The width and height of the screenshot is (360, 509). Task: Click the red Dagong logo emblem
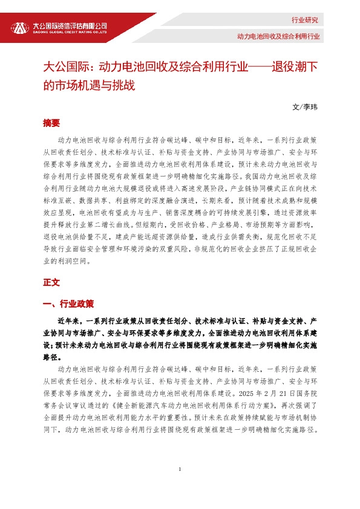pos(20,28)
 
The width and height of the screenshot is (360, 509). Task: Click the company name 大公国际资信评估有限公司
pos(70,25)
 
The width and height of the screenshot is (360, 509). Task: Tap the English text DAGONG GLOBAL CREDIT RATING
pos(70,33)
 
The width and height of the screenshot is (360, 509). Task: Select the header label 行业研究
pos(304,20)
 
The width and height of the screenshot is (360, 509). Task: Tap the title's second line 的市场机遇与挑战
pos(87,85)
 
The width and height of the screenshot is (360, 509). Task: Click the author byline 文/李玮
pos(304,106)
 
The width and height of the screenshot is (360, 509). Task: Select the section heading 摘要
pos(51,123)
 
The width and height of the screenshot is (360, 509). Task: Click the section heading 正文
pos(51,282)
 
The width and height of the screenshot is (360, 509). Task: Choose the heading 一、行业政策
pos(68,303)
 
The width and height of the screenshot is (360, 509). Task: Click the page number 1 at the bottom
pos(180,470)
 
